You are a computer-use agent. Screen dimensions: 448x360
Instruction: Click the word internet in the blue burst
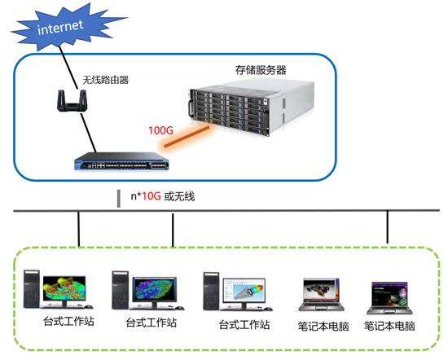(60, 27)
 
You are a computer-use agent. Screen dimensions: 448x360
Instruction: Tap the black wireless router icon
(72, 100)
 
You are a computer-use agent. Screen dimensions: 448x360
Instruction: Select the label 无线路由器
(105, 80)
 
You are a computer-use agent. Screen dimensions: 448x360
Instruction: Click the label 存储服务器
(261, 70)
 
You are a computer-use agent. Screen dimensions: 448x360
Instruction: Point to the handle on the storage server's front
(191, 108)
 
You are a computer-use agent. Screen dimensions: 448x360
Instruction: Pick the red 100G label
(160, 130)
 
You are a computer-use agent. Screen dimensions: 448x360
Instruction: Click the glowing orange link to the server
(187, 137)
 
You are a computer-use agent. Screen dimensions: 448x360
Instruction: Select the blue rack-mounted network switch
(121, 161)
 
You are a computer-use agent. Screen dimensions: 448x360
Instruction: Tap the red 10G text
(152, 196)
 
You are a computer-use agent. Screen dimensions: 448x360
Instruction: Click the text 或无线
(179, 196)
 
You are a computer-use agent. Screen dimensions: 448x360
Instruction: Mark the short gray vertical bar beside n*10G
(119, 199)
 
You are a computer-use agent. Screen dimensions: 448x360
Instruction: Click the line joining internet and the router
(68, 68)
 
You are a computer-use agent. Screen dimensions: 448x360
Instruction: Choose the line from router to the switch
(88, 132)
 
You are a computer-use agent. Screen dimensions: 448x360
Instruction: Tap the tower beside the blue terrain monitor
(121, 290)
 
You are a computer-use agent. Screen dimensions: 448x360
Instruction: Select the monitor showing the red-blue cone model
(244, 293)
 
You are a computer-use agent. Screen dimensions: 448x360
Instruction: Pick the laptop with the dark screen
(389, 298)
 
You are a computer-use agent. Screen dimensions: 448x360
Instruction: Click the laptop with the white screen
(322, 295)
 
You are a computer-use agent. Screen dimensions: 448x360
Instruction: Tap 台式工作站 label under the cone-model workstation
(244, 325)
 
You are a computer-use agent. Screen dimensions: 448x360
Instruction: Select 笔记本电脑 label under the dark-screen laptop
(389, 326)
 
